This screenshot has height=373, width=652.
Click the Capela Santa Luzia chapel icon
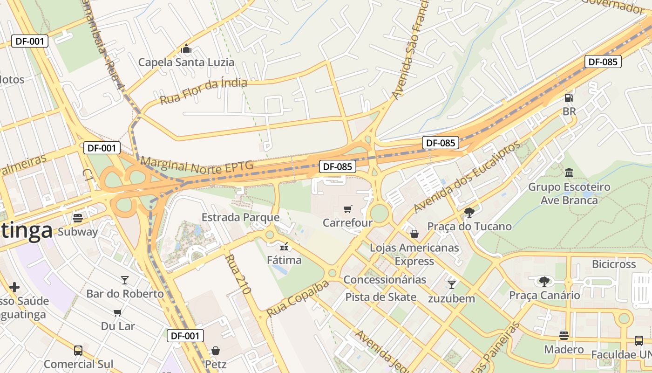coord(186,48)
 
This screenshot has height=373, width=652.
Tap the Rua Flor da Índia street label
coord(204,91)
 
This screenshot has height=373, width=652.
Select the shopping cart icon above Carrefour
coord(348,209)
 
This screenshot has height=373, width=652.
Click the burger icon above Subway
coord(78,218)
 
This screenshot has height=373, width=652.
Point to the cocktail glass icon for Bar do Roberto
coord(125,280)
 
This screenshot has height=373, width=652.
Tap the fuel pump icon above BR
coord(569,98)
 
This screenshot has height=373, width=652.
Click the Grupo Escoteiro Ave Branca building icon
coord(569,173)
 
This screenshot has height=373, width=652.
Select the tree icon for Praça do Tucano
coord(469,213)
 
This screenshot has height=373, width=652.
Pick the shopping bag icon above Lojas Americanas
coord(414,234)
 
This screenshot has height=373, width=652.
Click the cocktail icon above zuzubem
coord(451,284)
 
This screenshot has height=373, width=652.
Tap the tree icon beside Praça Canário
coord(544,281)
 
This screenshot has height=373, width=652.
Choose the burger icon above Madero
coord(564,336)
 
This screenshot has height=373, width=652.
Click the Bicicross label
coord(613,264)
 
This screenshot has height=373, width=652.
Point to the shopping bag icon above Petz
coord(216,350)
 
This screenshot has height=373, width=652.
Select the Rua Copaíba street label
coord(298,298)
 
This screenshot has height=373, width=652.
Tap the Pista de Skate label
coord(380,297)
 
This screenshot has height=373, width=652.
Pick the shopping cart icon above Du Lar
coord(118,312)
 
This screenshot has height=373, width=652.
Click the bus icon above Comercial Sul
coord(78,350)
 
